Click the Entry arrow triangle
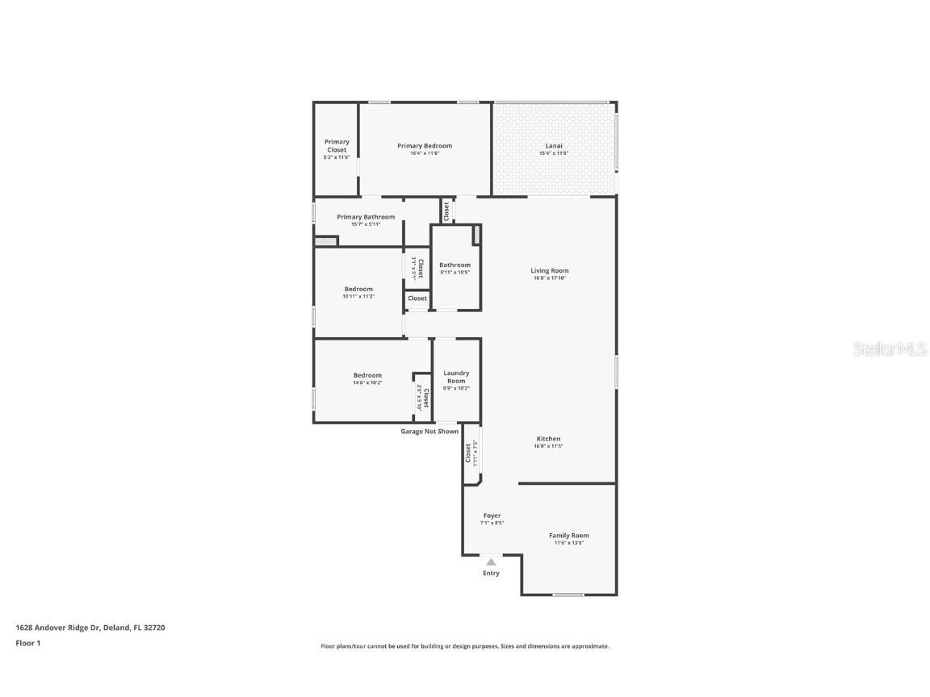click(x=491, y=561)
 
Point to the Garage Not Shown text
click(x=429, y=432)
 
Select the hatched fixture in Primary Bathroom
click(x=325, y=240)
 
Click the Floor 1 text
click(x=27, y=643)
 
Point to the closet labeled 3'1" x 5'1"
click(x=417, y=268)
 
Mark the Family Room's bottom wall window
click(x=568, y=595)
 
